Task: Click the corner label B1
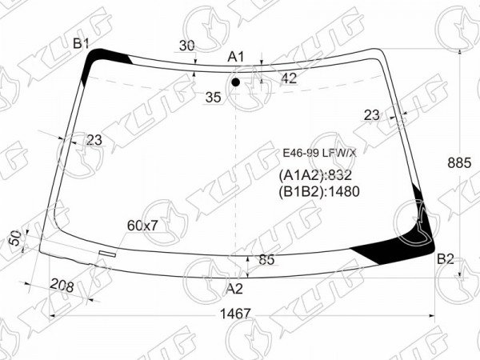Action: click(x=81, y=44)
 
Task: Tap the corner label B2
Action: click(x=445, y=259)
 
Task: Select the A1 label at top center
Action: click(x=236, y=57)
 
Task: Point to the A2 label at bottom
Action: click(x=234, y=289)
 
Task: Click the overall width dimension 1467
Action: click(x=235, y=314)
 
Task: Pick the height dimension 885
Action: click(x=459, y=163)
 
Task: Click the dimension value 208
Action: click(x=62, y=286)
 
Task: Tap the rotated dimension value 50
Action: click(x=16, y=238)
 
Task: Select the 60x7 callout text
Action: click(x=142, y=226)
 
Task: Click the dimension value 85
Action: click(x=266, y=260)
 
